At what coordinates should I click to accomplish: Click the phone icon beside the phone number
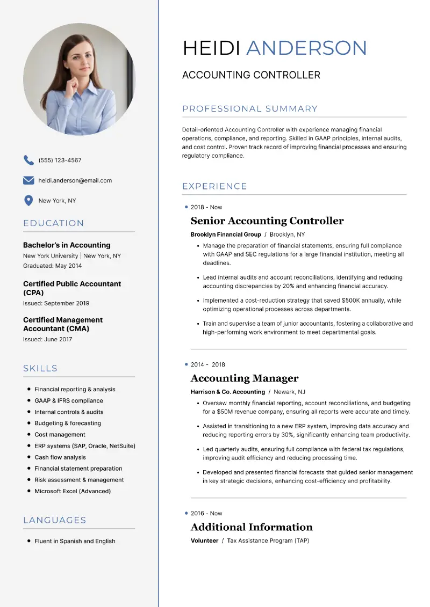click(x=28, y=160)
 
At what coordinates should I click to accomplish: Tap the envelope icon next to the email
click(x=28, y=180)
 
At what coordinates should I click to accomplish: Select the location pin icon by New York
click(x=28, y=201)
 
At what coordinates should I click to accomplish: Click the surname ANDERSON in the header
click(x=306, y=48)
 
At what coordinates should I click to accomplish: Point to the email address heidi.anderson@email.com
click(x=75, y=181)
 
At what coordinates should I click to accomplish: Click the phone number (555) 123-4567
click(x=60, y=160)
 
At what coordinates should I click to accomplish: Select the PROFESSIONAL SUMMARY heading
click(x=250, y=109)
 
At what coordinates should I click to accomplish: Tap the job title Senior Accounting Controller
click(x=267, y=221)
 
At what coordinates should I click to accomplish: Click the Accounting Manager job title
click(x=245, y=378)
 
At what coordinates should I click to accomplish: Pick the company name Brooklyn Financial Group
click(x=226, y=235)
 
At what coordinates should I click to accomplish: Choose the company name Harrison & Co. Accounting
click(x=228, y=392)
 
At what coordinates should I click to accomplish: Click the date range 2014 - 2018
click(x=208, y=364)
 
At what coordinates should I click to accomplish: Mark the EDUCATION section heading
click(x=54, y=223)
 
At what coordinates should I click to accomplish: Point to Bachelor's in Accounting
click(x=67, y=245)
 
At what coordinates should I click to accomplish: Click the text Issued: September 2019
click(x=56, y=303)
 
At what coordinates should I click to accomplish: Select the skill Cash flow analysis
click(x=60, y=457)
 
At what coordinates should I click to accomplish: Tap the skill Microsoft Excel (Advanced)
click(x=73, y=491)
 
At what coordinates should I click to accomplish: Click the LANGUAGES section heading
click(x=55, y=520)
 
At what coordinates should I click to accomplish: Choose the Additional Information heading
click(x=252, y=527)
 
